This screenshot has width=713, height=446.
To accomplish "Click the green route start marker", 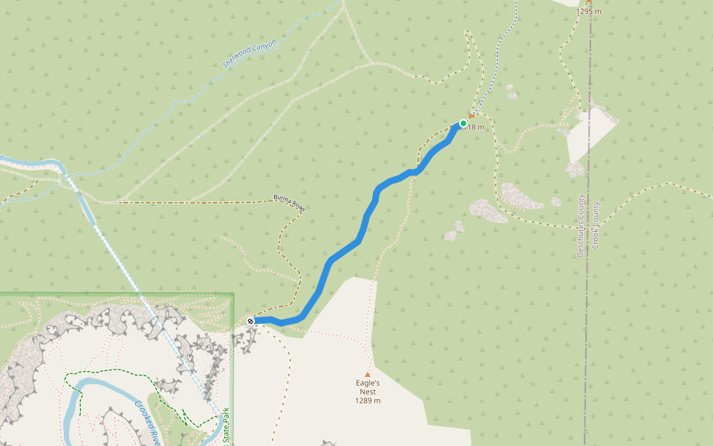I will tap(463, 123).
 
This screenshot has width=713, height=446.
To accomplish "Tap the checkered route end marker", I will tap(251, 320).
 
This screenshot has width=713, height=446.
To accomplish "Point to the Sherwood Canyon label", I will tap(250, 54).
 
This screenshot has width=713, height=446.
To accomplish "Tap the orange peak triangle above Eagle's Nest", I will tap(367, 375).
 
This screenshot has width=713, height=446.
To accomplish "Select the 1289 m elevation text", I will tap(367, 401).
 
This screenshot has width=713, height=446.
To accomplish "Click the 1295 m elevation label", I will tap(588, 11).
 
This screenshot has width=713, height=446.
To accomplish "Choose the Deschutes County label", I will tap(581, 226).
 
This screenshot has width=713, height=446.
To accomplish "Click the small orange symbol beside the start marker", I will tap(471, 116).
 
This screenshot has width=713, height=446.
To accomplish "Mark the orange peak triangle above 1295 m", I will tap(588, 2).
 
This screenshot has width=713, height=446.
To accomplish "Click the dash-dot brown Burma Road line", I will tap(193, 201).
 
